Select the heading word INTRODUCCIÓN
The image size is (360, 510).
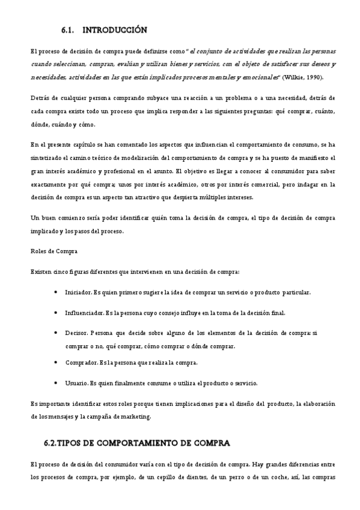114,29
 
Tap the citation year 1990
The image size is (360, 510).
323,77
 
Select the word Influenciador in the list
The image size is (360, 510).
84,313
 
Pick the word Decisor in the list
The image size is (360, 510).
76,333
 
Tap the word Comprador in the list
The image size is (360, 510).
81,363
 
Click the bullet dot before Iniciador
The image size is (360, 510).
56,292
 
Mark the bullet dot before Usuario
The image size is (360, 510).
56,382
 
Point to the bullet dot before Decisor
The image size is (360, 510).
56,333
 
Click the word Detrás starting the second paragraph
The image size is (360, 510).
41,98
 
